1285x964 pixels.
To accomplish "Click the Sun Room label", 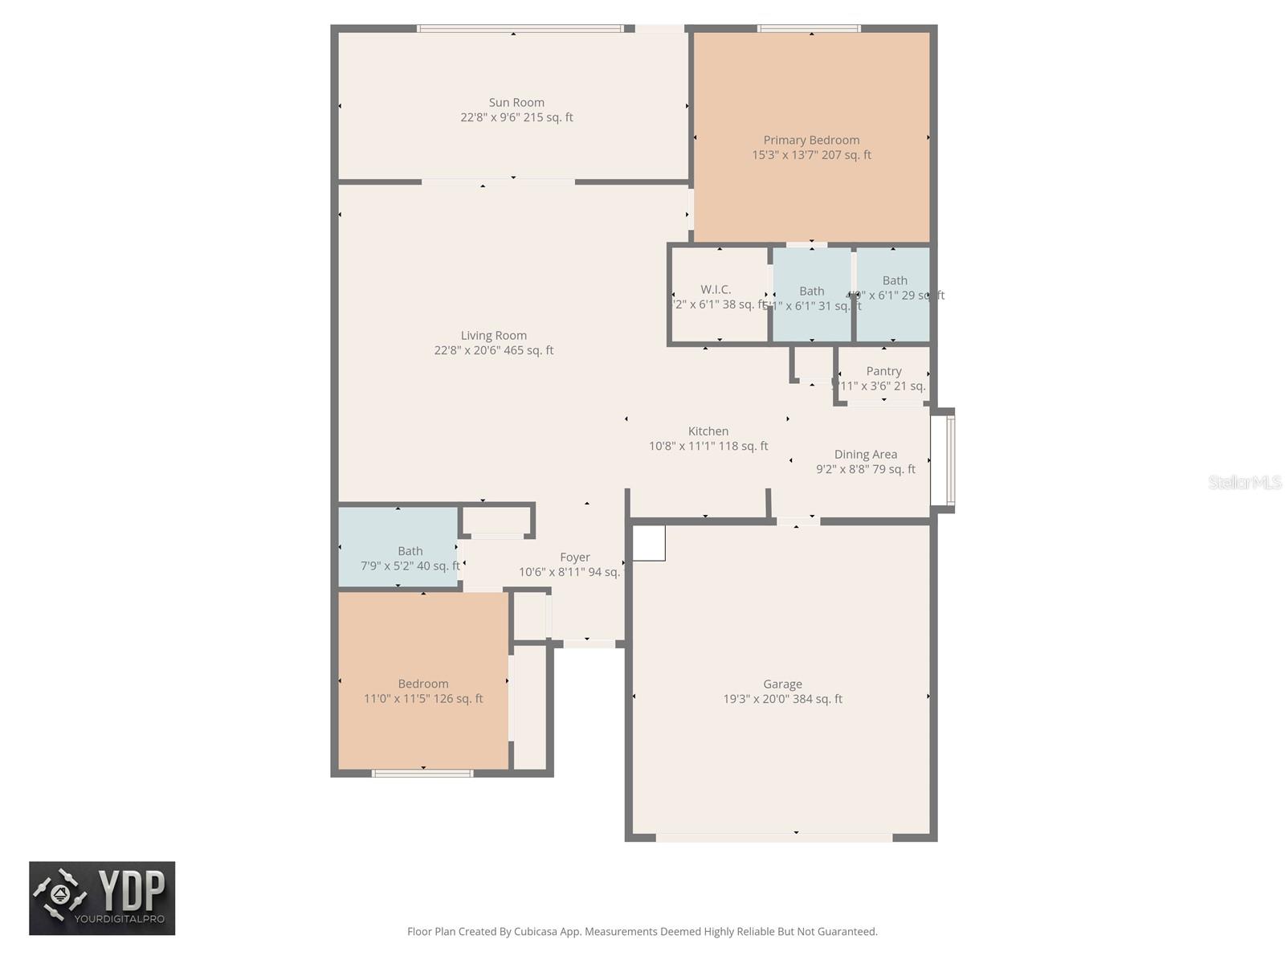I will pos(516,103).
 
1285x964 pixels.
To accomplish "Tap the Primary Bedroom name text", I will pos(811,141).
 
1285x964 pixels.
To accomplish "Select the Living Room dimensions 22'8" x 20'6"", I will pos(494,350).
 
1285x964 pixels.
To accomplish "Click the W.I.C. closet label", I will pos(715,289).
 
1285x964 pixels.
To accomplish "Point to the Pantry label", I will pos(883,371).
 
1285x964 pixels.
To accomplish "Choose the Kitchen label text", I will pos(708,431).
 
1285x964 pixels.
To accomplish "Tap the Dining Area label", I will pos(865,455).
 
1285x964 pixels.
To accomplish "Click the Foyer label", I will pos(574,558).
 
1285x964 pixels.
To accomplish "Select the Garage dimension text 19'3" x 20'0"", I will pos(782,699).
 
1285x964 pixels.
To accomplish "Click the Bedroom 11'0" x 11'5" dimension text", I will pos(423,699).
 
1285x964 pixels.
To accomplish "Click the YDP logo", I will pos(102,898).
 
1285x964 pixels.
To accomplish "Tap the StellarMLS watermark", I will pos(1244,482).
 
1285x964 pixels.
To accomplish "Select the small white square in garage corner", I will pos(649,543).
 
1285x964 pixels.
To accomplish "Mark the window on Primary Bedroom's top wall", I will pos(809,29).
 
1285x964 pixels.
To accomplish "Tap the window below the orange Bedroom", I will pos(422,774).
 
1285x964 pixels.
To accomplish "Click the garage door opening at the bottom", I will pos(774,837).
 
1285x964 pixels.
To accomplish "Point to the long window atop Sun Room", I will pos(520,29).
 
